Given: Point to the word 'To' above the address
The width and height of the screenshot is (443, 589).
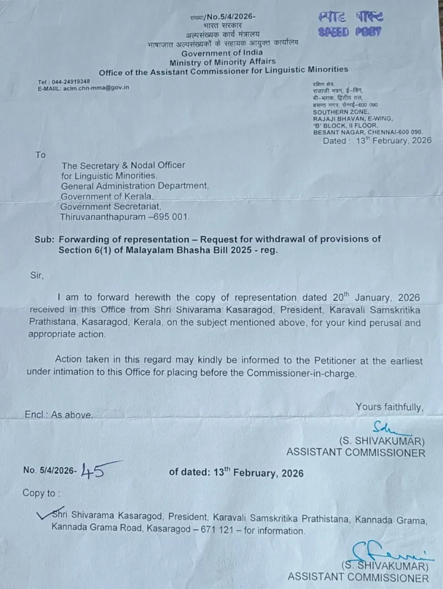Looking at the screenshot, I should (x=41, y=155).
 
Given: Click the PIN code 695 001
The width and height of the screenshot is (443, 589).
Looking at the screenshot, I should (x=170, y=217).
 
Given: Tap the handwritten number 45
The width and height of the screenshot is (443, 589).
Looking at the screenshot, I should (x=92, y=470).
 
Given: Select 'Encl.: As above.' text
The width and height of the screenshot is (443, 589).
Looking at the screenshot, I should (x=59, y=415).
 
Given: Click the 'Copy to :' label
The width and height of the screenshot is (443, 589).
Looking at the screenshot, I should (x=42, y=493).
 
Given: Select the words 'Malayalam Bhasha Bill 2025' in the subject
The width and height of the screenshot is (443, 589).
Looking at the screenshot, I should (x=169, y=250).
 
